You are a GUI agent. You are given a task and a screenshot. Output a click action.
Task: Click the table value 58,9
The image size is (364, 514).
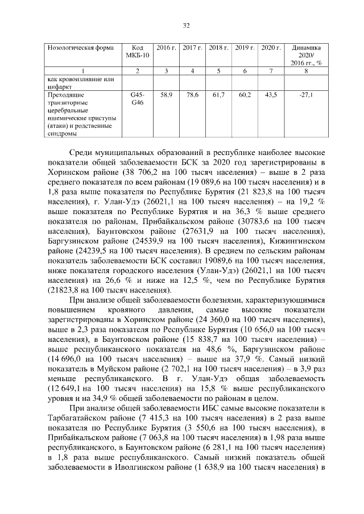click(167, 95)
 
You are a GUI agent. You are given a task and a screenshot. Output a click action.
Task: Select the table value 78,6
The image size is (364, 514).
click(192, 95)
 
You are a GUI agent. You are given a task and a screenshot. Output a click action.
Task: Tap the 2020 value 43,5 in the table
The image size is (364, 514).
click(271, 95)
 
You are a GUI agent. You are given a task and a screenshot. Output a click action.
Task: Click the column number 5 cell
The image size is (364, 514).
click(218, 70)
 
